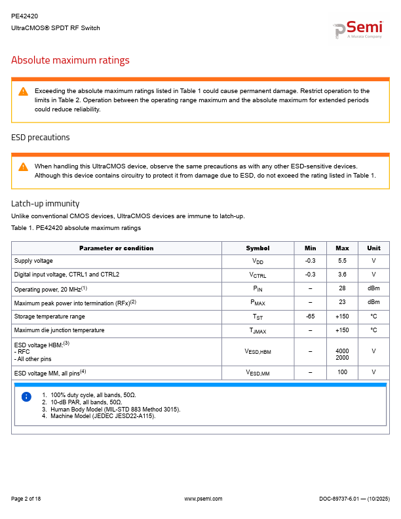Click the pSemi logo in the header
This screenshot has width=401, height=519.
click(358, 29)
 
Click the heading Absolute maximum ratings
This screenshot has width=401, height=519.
click(70, 60)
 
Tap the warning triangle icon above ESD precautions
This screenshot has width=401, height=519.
click(23, 91)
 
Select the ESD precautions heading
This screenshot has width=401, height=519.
click(40, 138)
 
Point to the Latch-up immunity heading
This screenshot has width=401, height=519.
click(45, 203)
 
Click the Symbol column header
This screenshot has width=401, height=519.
click(258, 248)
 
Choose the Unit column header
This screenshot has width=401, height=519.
click(373, 248)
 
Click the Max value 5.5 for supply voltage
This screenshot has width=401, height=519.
click(342, 261)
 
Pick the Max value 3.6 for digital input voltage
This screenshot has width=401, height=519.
click(342, 275)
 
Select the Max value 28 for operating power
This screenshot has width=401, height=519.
click(342, 289)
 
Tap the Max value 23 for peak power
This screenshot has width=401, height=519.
click(342, 302)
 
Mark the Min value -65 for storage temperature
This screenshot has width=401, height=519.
click(311, 317)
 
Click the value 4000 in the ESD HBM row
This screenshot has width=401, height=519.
click(342, 351)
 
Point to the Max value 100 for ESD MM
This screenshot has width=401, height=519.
click(342, 372)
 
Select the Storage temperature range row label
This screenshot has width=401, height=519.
click(49, 317)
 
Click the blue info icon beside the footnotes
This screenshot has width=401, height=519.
click(26, 396)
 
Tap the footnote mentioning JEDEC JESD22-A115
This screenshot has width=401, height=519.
click(103, 415)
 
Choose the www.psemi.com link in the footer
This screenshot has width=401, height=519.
click(203, 499)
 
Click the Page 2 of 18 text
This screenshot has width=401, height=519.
click(26, 499)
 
